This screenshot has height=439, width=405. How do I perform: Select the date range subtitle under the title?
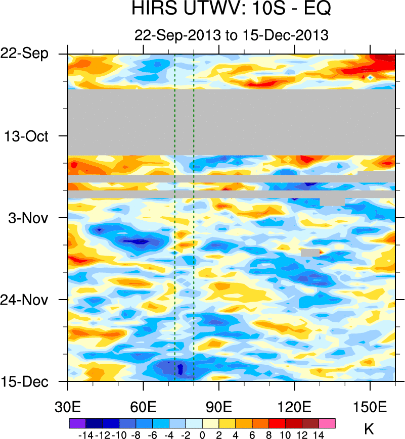[x=232, y=35]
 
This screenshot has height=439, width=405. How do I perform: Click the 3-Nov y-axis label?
[x=31, y=218]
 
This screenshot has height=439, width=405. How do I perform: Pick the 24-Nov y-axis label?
[x=28, y=300]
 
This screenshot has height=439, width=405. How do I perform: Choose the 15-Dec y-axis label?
[x=28, y=381]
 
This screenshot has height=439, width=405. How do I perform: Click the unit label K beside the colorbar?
[x=369, y=429]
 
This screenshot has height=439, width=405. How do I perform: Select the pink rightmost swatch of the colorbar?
[x=327, y=423]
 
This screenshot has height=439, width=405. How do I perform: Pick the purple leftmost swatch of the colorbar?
[x=77, y=423]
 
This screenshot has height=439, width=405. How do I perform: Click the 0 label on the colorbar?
[x=202, y=433]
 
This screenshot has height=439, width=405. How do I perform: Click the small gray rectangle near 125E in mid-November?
[x=310, y=252]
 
